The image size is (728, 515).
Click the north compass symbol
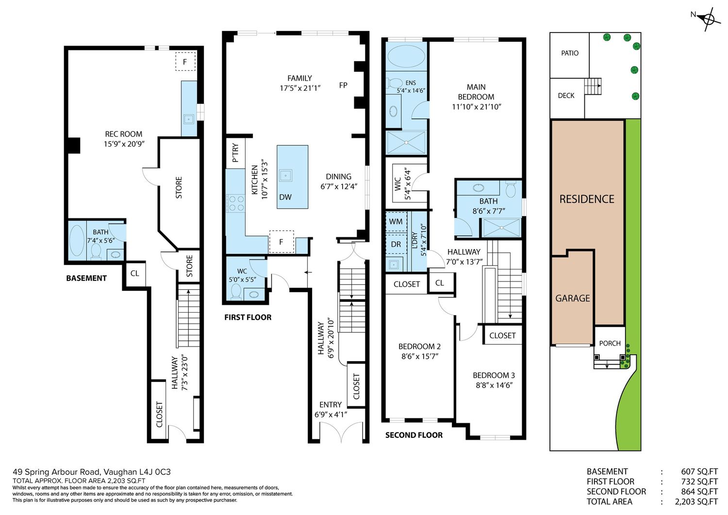click(709, 19)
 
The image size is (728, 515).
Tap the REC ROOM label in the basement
click(123, 134)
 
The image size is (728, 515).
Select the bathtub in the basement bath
click(77, 241)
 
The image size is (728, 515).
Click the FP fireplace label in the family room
click(343, 85)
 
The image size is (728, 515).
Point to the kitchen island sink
click(286, 176)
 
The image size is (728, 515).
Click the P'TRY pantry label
click(235, 152)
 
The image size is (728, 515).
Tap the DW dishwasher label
click(285, 197)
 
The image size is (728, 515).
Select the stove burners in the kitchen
click(236, 203)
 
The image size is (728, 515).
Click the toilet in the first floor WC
click(235, 291)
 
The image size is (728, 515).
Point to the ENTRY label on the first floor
click(331, 405)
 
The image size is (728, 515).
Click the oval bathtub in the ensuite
click(406, 56)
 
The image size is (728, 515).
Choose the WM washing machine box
click(396, 222)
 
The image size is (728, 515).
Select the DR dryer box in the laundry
click(396, 244)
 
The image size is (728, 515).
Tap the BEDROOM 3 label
click(494, 375)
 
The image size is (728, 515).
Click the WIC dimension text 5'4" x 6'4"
click(408, 183)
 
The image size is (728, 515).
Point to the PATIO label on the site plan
click(570, 53)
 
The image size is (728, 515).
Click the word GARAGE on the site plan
click(572, 298)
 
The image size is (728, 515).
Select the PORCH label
click(610, 343)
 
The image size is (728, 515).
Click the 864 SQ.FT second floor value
click(699, 492)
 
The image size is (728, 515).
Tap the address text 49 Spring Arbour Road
click(57, 472)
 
